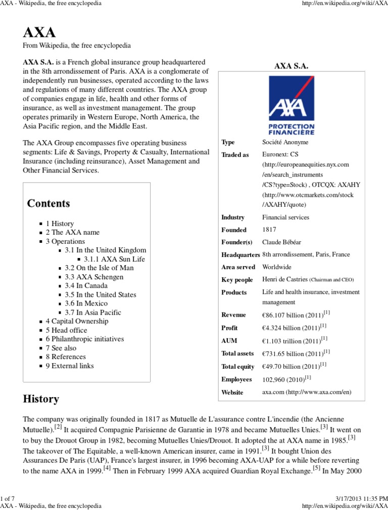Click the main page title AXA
tap(39, 33)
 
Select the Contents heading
tap(48, 204)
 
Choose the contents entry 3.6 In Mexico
tap(86, 304)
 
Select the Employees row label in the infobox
tap(236, 379)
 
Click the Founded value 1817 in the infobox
tap(270, 230)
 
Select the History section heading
tap(41, 399)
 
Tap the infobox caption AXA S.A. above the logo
tap(291, 66)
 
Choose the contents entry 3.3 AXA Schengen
tap(94, 277)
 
